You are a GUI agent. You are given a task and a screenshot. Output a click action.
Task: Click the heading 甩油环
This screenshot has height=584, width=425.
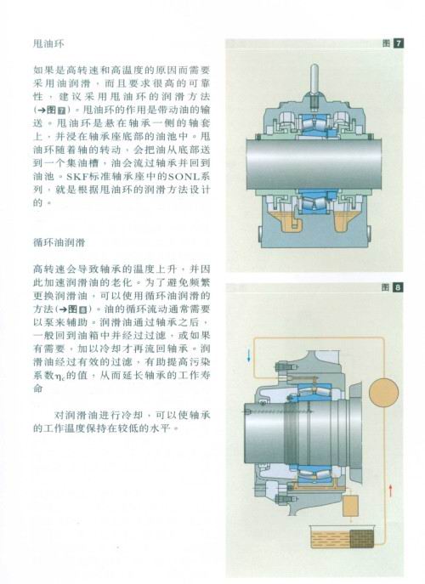tap(48, 44)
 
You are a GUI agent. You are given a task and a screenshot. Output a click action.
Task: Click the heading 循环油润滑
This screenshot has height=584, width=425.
tap(59, 243)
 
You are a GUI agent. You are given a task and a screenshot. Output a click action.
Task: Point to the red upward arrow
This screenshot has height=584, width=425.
tap(390, 490)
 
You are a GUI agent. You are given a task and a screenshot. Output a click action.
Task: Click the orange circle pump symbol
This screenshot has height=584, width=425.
tap(383, 393)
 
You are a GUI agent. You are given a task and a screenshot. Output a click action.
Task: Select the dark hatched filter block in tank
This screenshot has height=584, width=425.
tap(361, 539)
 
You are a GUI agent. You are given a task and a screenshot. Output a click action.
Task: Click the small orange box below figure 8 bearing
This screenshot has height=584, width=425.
tap(350, 506)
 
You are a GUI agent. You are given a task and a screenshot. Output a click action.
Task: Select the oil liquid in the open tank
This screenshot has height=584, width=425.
tap(330, 539)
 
